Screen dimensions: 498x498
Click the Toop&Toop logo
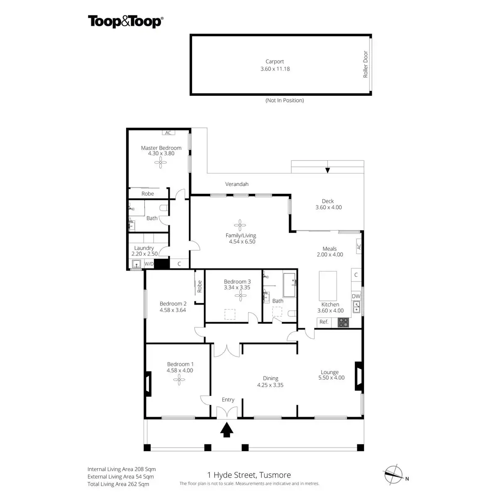125,22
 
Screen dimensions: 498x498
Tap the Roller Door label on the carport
366,64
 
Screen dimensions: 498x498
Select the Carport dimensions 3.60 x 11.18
275,69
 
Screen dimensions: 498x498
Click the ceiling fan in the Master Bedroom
161,163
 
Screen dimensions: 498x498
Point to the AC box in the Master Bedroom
168,133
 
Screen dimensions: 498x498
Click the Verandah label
237,184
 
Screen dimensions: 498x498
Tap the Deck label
328,201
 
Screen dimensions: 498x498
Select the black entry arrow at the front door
226,430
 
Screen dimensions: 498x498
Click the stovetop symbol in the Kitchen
343,322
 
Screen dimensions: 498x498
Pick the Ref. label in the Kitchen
324,322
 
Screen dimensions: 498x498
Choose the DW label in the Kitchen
356,296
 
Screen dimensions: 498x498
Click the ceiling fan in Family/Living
239,225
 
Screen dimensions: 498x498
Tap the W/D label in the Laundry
149,264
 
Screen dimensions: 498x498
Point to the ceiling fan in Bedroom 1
179,379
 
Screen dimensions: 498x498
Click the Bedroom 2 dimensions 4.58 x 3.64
173,310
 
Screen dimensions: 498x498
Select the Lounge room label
330,372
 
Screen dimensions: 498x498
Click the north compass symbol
393,473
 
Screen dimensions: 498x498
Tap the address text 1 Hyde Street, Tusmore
249,475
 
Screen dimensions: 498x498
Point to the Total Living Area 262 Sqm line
118,484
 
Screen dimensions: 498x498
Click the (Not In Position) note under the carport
284,100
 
